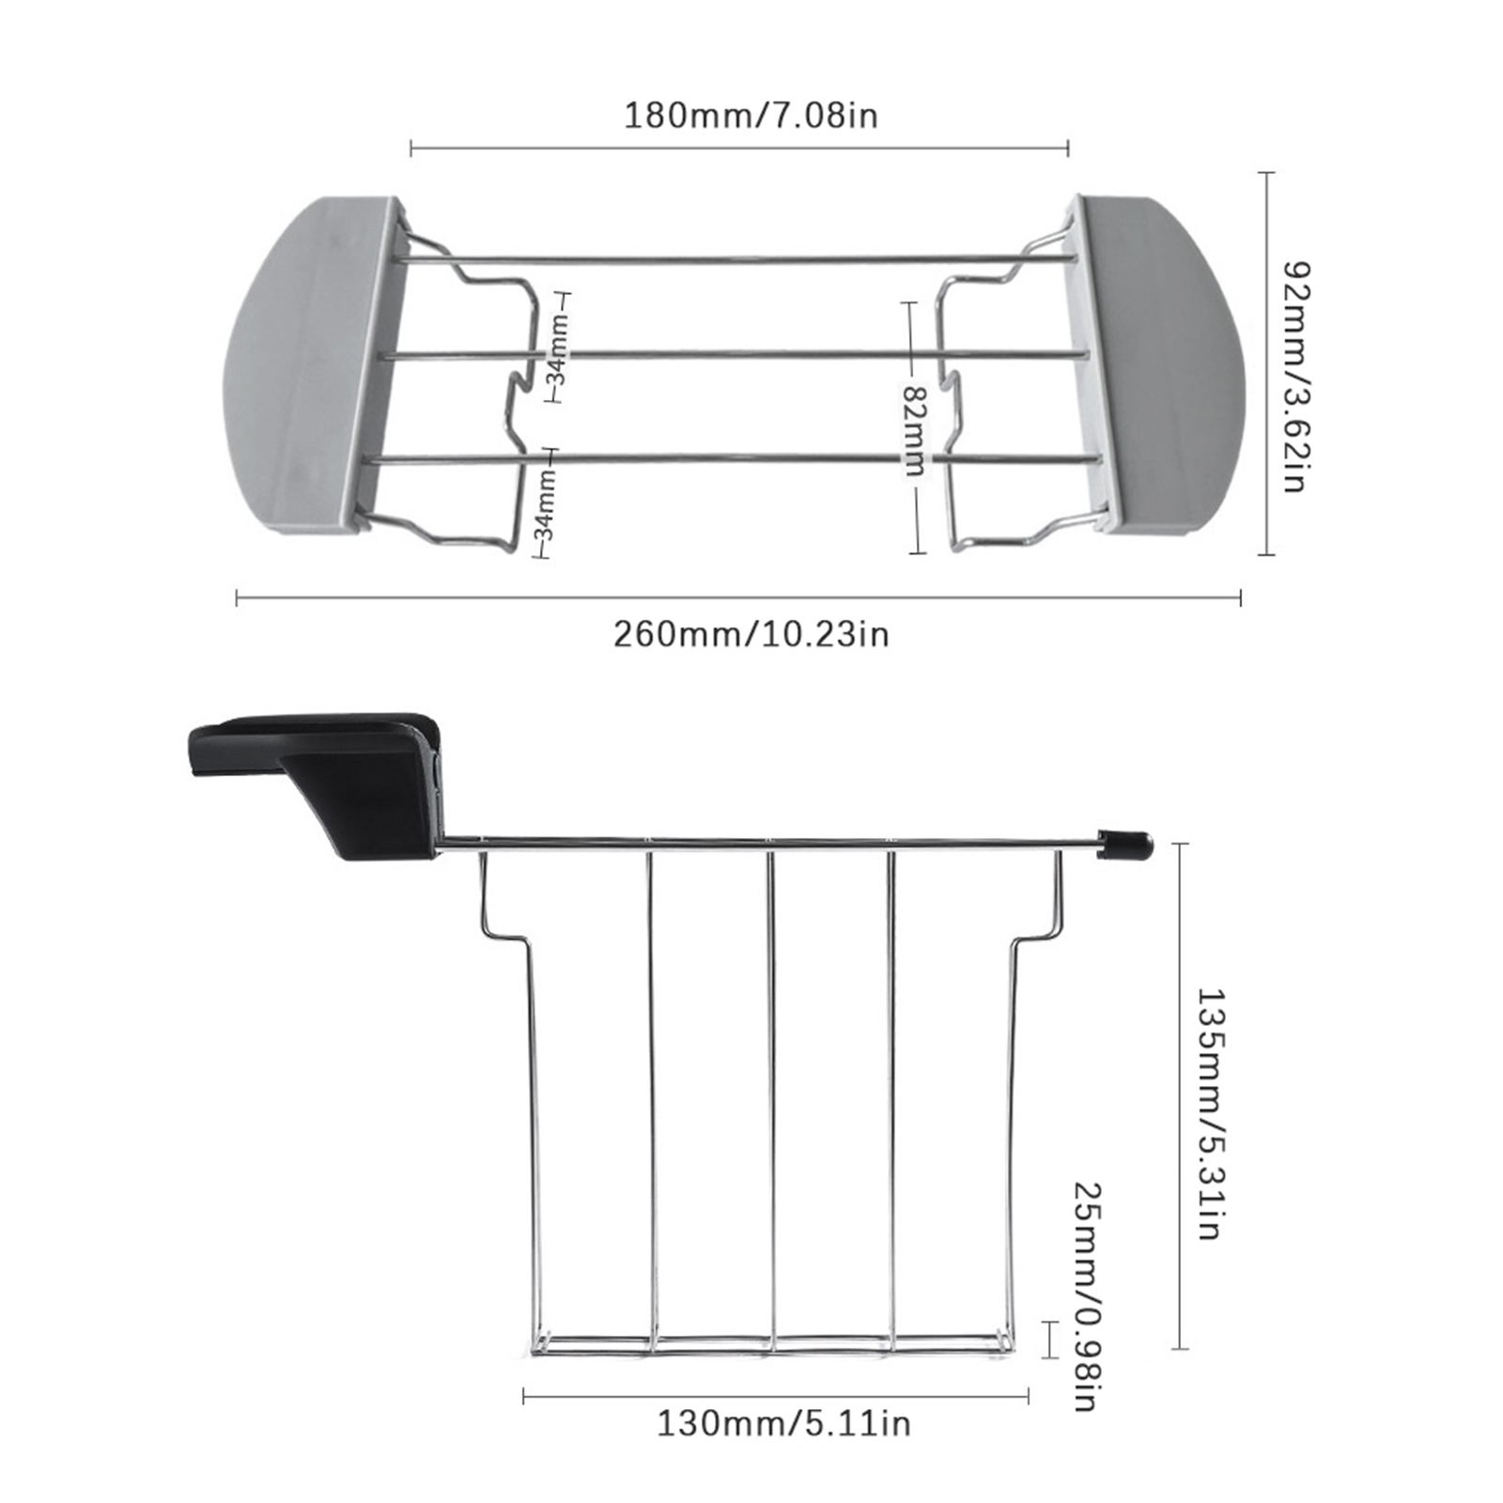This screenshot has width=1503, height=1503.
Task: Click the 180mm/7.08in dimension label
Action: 751,116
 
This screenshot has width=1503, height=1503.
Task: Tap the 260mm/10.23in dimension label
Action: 751,634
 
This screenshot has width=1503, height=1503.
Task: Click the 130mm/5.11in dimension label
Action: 783,1423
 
